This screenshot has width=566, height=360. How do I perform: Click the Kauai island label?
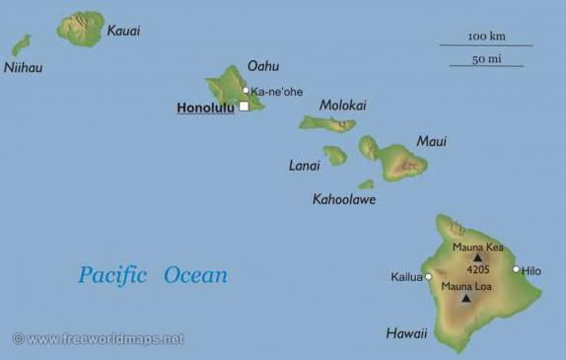(x=123, y=31)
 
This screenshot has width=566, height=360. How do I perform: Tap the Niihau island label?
(x=23, y=68)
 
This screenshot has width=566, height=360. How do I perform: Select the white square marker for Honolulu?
(x=244, y=107)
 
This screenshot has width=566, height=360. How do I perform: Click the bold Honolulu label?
(x=205, y=108)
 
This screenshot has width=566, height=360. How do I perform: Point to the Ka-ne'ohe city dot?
(x=247, y=91)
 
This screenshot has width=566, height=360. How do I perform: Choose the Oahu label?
(x=263, y=66)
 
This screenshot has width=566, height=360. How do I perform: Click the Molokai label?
(x=343, y=106)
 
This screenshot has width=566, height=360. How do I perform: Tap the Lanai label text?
(x=304, y=166)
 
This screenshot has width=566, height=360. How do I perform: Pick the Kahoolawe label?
(x=344, y=199)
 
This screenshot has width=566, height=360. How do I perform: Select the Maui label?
(x=432, y=141)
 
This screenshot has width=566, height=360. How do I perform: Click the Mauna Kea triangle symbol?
(x=478, y=257)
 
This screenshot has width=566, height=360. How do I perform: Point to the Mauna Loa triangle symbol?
(x=465, y=297)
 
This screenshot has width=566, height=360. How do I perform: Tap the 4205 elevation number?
(x=478, y=269)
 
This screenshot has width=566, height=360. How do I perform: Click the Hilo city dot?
(x=516, y=269)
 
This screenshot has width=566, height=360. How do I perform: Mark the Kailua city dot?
(x=428, y=277)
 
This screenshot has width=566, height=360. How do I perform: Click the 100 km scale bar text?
(x=486, y=36)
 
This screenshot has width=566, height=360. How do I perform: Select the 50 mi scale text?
(x=486, y=59)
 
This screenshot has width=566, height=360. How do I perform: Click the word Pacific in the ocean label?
(x=112, y=275)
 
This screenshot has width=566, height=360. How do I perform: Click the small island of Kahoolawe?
(x=366, y=184)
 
